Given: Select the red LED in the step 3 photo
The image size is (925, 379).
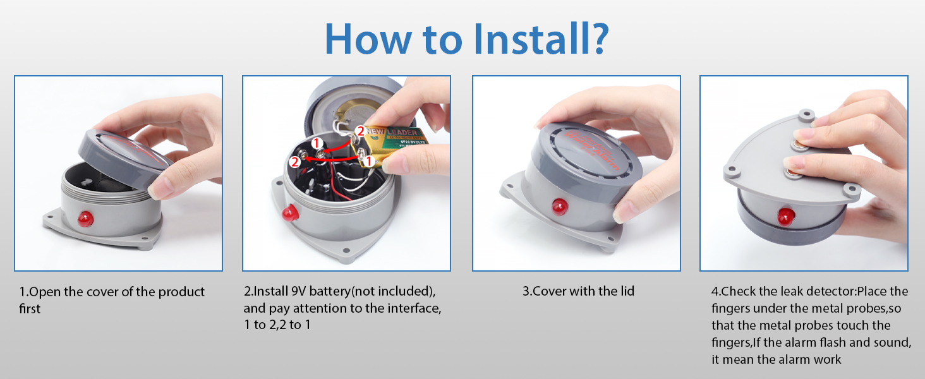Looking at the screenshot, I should click(559, 207).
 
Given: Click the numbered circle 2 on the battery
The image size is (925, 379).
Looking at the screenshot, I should click(360, 131).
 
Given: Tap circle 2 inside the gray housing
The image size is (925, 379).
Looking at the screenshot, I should click(294, 162).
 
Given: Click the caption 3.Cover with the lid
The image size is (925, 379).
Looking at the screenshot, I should click(577, 291).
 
